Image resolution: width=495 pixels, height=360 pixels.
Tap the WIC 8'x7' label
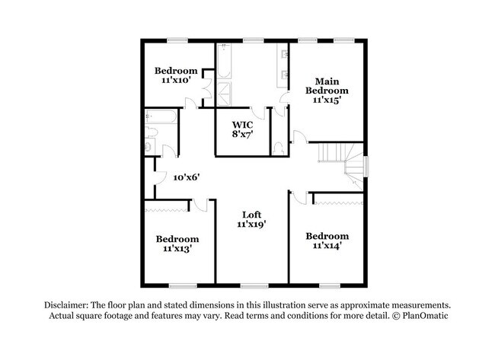pyautogui.click(x=242, y=128)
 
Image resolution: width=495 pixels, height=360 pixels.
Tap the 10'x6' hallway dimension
pyautogui.click(x=186, y=177)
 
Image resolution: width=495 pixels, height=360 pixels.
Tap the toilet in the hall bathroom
pyautogui.click(x=152, y=132)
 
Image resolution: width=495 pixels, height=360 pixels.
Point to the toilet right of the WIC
pyautogui.click(x=279, y=145)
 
